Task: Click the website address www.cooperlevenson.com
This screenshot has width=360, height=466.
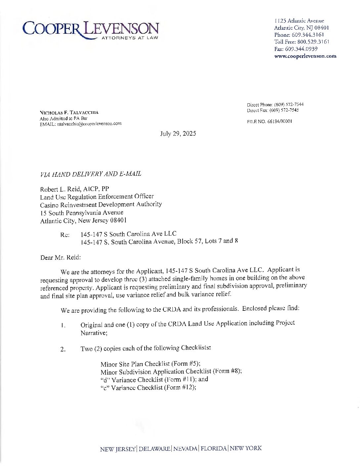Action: pos(305,56)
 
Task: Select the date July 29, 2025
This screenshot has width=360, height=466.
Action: pos(178,134)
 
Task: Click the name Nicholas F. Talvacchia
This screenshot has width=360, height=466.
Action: pos(69,113)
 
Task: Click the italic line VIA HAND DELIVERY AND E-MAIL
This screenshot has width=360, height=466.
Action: pos(91,174)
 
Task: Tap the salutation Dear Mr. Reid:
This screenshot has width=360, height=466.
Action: pos(61,257)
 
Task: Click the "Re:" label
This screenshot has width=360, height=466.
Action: pos(65,235)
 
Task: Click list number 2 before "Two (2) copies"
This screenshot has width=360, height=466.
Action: pos(63,349)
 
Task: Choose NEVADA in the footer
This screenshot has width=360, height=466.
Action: pos(186,449)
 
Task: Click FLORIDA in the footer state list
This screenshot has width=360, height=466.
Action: pos(214,448)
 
